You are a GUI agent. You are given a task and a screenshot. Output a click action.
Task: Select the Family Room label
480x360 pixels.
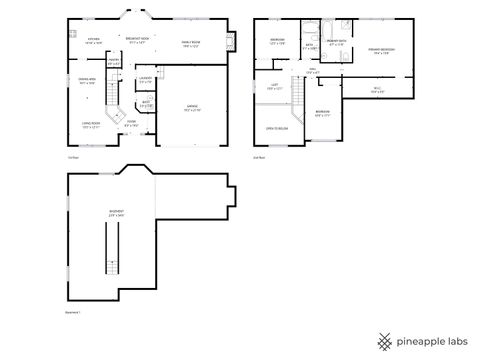190,42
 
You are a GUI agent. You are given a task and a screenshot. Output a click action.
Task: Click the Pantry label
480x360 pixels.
114,62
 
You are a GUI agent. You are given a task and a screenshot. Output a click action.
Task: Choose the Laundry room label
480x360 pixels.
145,79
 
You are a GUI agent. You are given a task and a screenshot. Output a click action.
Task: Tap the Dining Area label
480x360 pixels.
87,80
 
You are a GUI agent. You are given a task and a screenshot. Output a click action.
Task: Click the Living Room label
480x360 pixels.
89,125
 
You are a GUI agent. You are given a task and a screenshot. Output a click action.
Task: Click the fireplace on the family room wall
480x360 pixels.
231,42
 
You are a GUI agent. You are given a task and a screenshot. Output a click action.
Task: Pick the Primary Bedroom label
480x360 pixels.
380,51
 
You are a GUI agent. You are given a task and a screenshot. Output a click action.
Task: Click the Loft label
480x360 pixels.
275,87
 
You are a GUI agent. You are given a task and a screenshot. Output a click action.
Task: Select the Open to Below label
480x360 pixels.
275,128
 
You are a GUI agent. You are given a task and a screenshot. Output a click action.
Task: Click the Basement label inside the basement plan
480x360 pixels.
116,213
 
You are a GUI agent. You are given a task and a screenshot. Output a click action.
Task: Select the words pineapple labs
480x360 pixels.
432,339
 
